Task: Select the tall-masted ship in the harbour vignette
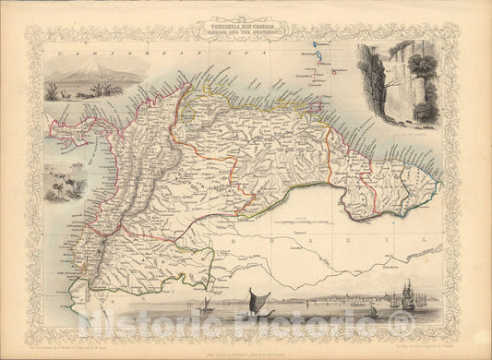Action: pos(408,296)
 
